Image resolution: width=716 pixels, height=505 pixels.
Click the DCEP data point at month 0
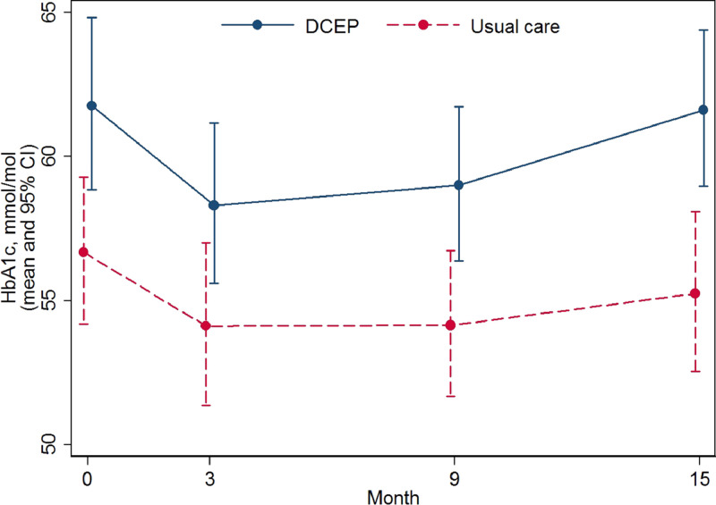click(x=91, y=105)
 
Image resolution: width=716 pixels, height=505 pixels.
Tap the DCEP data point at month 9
click(x=459, y=185)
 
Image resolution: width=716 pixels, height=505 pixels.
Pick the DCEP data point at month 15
click(x=703, y=110)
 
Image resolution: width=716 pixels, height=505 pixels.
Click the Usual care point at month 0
click(x=83, y=252)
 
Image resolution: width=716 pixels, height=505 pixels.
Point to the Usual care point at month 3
click(x=206, y=326)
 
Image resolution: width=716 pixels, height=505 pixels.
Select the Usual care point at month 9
click(x=450, y=325)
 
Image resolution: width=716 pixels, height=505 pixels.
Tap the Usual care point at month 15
click(x=695, y=293)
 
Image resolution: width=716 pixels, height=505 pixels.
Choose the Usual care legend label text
click(x=515, y=27)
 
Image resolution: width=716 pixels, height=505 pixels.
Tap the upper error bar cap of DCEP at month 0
click(x=91, y=18)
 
